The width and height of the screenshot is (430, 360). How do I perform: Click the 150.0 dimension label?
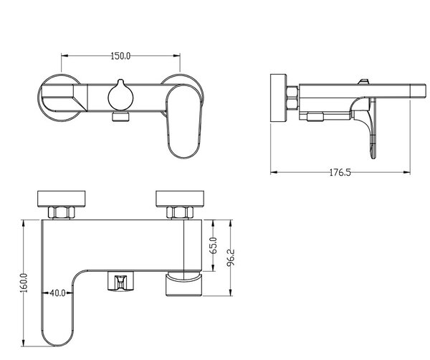point(120,56)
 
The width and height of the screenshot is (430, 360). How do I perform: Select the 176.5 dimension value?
point(340,173)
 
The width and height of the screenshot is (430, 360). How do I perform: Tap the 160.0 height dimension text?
point(24,283)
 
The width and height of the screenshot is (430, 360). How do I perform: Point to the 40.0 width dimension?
point(57,293)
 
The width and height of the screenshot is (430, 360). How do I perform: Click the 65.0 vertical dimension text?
point(214,245)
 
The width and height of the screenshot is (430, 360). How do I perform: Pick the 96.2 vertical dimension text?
point(231,257)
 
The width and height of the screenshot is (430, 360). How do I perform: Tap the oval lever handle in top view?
point(184,122)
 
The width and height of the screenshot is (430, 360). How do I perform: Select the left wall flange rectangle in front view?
point(61,199)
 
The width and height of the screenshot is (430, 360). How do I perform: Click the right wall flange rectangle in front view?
point(180,199)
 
